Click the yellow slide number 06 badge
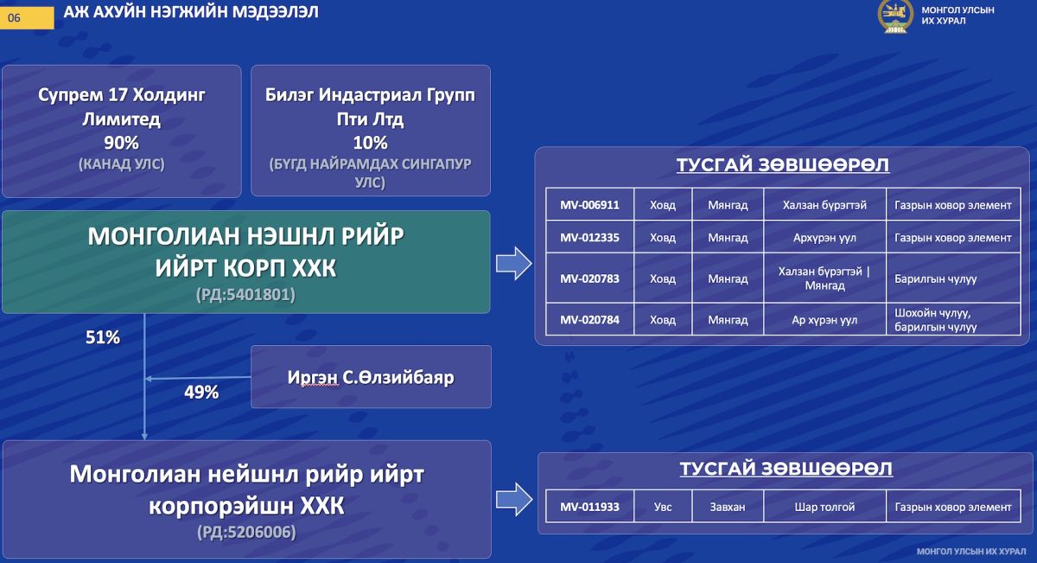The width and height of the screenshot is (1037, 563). (27, 16)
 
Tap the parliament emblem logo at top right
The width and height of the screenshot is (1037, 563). (895, 16)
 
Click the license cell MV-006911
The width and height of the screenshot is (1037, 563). (589, 205)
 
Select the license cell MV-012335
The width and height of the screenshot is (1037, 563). (589, 238)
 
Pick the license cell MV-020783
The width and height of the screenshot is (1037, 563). (589, 278)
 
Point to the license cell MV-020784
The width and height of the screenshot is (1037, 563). (589, 320)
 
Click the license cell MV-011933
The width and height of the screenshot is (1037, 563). (589, 507)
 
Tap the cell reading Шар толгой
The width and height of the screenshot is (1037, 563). (824, 507)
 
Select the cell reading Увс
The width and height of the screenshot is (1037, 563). (663, 507)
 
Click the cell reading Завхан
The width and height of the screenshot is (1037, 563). (728, 507)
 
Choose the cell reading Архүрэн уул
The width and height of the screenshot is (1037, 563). (824, 238)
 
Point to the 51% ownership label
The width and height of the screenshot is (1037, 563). (102, 338)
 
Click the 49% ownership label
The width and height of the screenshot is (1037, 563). (201, 392)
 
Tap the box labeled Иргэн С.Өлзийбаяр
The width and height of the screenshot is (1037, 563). (371, 377)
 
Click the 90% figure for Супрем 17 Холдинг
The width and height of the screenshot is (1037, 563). (121, 143)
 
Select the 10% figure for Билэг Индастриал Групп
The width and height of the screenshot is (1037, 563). (370, 143)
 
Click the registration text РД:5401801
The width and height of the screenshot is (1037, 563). (245, 295)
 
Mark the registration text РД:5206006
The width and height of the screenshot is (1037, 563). (245, 532)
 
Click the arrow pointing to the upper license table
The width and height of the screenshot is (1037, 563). (513, 263)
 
